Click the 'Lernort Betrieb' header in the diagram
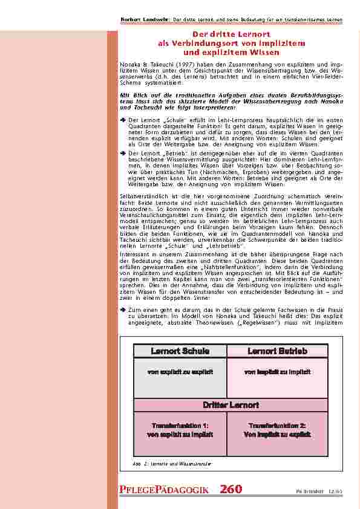(278, 351)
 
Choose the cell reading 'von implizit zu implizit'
(278, 372)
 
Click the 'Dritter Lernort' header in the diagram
(231, 404)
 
